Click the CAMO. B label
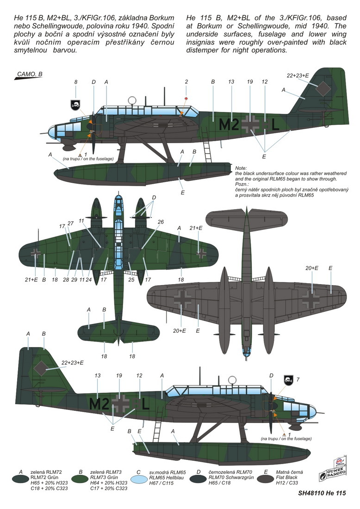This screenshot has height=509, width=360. (x=30, y=74)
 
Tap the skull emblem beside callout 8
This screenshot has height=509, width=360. (x=75, y=105)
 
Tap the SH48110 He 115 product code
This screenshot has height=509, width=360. (x=322, y=493)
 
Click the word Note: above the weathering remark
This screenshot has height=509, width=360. (x=241, y=168)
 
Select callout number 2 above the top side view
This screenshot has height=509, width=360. (x=186, y=82)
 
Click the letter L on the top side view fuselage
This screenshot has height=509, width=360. (x=274, y=124)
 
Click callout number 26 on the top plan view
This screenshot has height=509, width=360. (x=161, y=222)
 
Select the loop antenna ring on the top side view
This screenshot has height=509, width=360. (x=132, y=100)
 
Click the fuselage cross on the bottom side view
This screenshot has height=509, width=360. (x=120, y=404)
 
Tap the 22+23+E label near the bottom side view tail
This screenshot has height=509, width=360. (x=72, y=363)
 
